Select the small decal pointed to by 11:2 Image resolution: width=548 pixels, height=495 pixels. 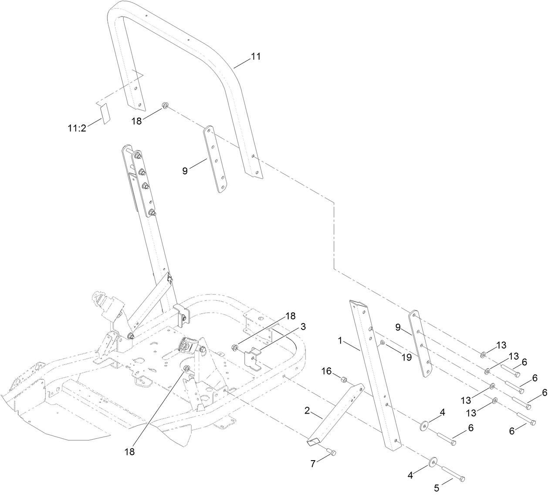pos(104,114)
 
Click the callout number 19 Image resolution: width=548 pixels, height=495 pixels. pos(406,357)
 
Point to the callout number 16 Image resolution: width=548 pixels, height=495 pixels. pos(326,370)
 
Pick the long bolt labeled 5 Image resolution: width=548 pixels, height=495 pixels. pos(453,474)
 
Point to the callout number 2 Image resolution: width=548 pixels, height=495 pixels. pos(307,411)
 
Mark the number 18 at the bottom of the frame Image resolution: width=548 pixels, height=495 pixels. pos(129,452)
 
